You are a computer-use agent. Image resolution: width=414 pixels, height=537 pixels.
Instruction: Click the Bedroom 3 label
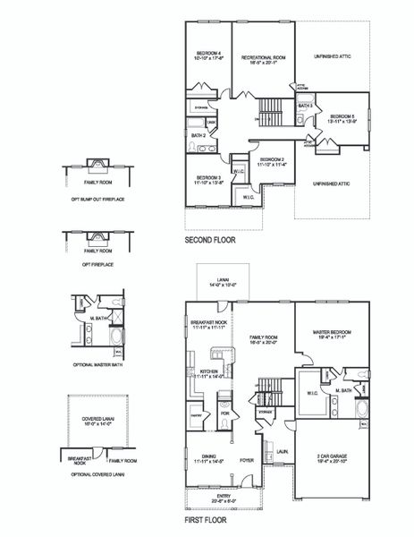(208, 178)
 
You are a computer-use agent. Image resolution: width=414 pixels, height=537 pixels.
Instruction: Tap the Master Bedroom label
(337, 334)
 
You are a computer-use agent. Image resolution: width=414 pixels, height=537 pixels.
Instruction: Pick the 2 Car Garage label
(334, 458)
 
